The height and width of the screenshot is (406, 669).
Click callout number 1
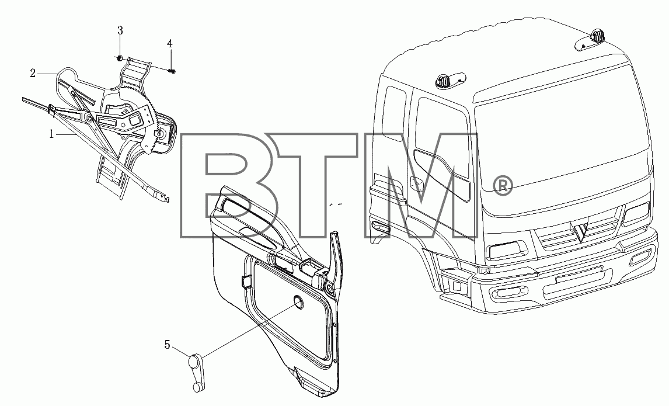[51, 134]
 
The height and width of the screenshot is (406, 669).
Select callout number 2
[33, 74]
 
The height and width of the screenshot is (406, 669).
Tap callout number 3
[120, 30]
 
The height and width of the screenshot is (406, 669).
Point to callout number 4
[170, 44]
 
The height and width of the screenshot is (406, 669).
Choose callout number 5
[167, 345]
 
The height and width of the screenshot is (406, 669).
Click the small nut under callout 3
[120, 58]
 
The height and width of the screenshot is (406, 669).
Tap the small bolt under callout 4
[172, 71]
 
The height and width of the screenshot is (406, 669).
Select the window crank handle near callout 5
[196, 373]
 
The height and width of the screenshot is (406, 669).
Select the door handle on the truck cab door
[414, 183]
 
